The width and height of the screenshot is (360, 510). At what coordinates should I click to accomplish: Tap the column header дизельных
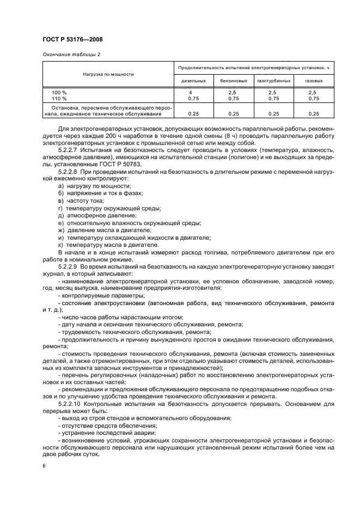click(193, 81)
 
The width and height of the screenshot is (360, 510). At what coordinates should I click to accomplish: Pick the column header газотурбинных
click(273, 81)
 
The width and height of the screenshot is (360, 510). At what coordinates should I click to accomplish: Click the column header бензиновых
click(234, 81)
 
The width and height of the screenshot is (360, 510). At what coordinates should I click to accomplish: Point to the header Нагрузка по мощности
click(108, 74)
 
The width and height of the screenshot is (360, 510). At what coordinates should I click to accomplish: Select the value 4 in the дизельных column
click(193, 93)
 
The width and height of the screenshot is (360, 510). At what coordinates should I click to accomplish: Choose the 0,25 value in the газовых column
click(314, 114)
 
